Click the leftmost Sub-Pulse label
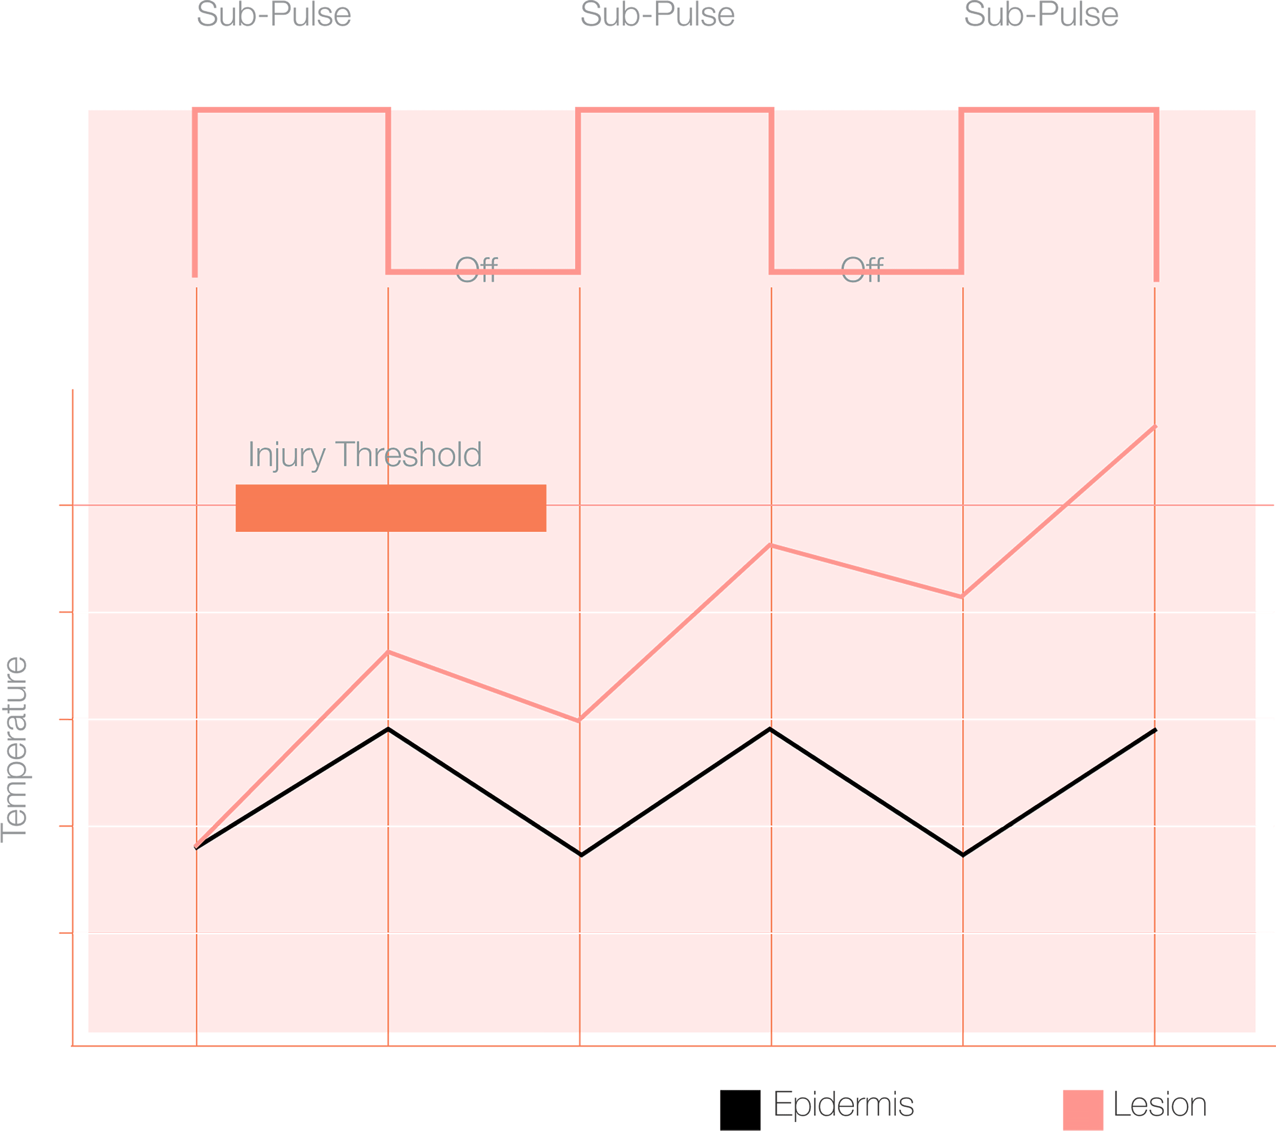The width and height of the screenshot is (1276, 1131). (x=273, y=15)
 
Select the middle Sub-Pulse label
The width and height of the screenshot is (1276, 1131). (x=657, y=15)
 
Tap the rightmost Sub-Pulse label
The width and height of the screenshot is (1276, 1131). (x=1040, y=15)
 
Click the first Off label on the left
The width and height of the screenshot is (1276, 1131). (x=476, y=269)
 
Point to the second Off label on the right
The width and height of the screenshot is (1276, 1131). (x=862, y=269)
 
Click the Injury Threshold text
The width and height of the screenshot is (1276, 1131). (x=365, y=454)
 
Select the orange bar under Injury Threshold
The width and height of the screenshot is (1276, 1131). (x=391, y=508)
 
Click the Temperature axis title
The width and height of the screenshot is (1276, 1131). (x=15, y=749)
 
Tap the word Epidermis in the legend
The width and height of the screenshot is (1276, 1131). (x=843, y=1104)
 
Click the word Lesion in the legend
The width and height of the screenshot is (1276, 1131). (x=1159, y=1105)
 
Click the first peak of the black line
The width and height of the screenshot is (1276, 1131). (x=388, y=729)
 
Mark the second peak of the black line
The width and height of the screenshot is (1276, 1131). (x=770, y=729)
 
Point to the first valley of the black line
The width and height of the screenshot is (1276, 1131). (x=581, y=855)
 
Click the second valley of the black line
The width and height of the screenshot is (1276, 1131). (x=963, y=855)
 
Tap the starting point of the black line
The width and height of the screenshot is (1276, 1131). (x=197, y=848)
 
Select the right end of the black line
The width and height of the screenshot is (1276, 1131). (x=1155, y=729)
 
